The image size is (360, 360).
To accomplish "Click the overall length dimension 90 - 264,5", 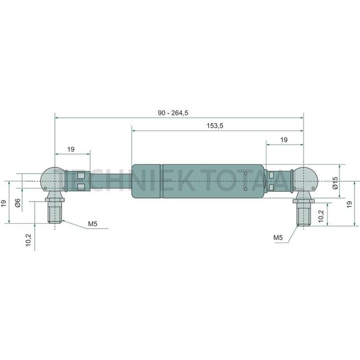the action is pos(173,113).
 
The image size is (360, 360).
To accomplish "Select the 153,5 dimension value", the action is pos(215,126).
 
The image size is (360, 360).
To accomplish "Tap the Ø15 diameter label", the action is pos(336,183).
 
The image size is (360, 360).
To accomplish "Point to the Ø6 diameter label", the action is pos(18,203).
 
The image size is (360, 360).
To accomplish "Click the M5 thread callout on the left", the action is pos(92,224).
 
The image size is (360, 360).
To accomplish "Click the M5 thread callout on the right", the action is pos(278,238).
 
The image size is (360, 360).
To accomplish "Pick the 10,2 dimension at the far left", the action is pos(28,240).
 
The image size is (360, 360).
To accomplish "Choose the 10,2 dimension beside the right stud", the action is pos(321,216).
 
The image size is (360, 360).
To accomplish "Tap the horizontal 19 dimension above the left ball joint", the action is pos(71,149).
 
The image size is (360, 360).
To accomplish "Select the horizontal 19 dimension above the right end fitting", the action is pos(284,140).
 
